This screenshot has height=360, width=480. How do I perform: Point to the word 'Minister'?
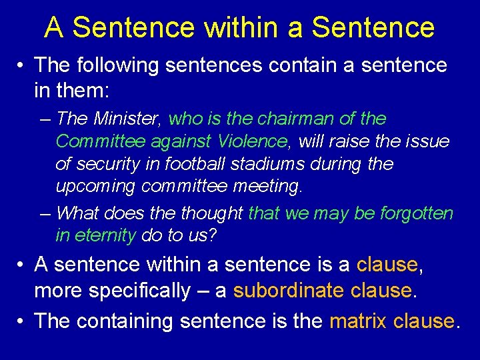coord(128,119)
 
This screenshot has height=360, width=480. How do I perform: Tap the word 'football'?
coord(203,164)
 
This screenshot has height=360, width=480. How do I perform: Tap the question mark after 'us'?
coord(213,235)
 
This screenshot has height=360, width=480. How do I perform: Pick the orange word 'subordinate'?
coord(287,291)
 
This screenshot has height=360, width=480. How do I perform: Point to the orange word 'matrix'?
coord(359,321)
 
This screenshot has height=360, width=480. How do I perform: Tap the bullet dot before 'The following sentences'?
coord(22,65)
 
